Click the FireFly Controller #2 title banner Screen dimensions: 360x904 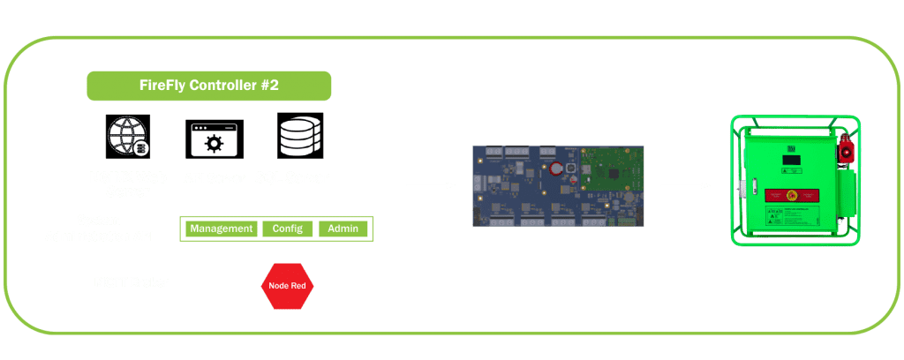click(208, 86)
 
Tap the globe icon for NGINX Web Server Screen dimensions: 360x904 click(129, 137)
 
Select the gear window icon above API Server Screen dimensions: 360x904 click(214, 139)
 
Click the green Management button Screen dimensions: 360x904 click(221, 229)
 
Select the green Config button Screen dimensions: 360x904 click(288, 229)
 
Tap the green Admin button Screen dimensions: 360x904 click(343, 229)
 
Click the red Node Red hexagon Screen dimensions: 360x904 click(286, 286)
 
